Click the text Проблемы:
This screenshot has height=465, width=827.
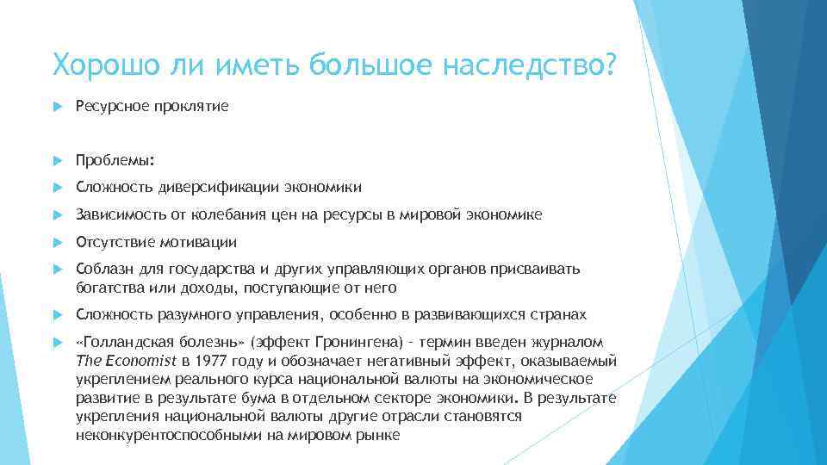[x=107, y=159]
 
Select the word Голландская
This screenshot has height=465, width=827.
[x=123, y=342]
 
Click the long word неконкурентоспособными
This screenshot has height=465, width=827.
[x=163, y=435]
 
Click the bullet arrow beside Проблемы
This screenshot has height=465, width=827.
[x=58, y=160]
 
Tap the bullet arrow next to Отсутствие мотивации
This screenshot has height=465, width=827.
[x=58, y=243]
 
